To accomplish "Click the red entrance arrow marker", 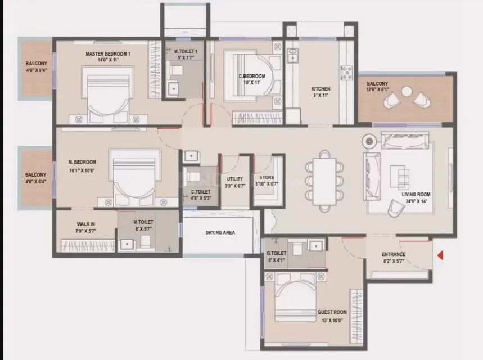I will coord(440,256).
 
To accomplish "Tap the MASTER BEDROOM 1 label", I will coord(107,54).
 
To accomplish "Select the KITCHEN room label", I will coord(321,89).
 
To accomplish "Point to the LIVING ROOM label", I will coord(416,194).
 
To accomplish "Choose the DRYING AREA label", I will coord(220,232).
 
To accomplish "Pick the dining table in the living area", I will coord(324,180).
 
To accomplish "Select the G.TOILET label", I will coord(277,254).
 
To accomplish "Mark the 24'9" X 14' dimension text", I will coord(416,201).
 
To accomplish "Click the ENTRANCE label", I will coord(394,254).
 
